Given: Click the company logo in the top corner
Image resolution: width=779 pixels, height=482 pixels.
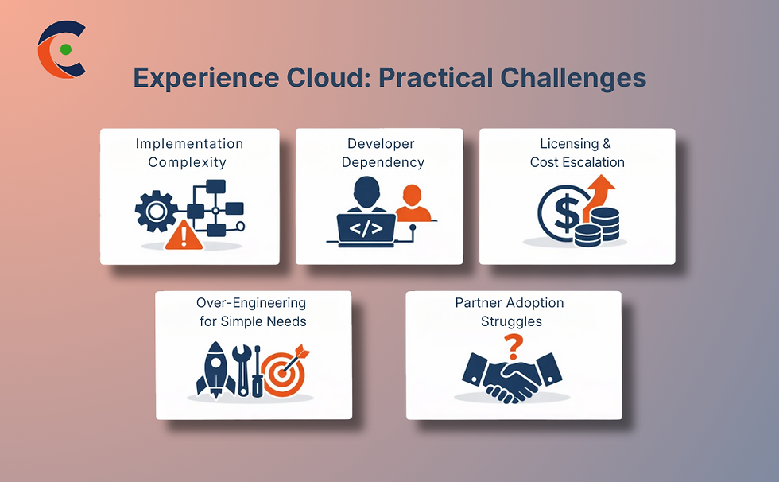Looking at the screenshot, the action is (x=61, y=50).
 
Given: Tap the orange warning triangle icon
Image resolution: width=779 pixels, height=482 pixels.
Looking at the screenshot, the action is (x=184, y=235).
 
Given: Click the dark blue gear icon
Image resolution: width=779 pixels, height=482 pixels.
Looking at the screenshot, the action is (x=155, y=211).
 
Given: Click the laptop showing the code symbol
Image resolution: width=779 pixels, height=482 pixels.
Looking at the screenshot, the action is (x=366, y=229).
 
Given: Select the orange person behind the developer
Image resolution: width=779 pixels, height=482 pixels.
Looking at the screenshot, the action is (x=412, y=203).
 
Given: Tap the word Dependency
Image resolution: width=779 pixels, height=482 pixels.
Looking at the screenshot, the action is (x=385, y=162).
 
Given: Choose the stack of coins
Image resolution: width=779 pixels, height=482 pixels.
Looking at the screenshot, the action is (x=601, y=226).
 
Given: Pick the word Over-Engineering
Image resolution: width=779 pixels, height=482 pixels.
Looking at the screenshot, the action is (x=251, y=303).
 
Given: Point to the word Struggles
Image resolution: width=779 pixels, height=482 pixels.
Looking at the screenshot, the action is (x=511, y=321).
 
